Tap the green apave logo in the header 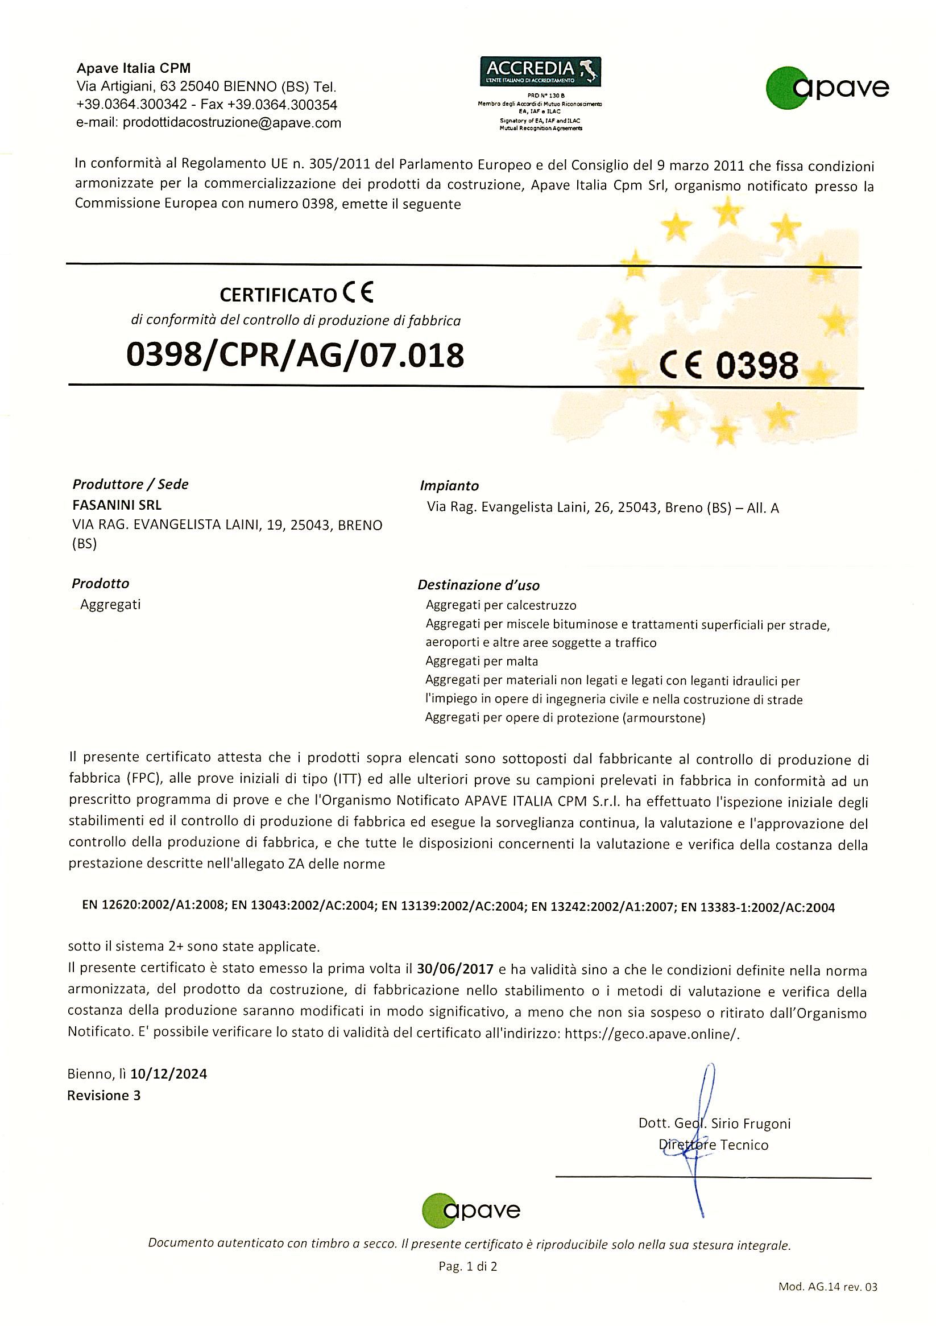827,88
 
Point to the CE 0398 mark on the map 728,366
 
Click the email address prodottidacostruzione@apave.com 232,122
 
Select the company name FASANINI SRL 117,505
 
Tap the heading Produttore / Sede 130,484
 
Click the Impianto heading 449,486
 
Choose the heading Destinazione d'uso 478,585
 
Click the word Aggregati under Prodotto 110,605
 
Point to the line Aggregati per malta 482,660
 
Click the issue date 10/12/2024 169,1073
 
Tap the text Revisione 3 104,1095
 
